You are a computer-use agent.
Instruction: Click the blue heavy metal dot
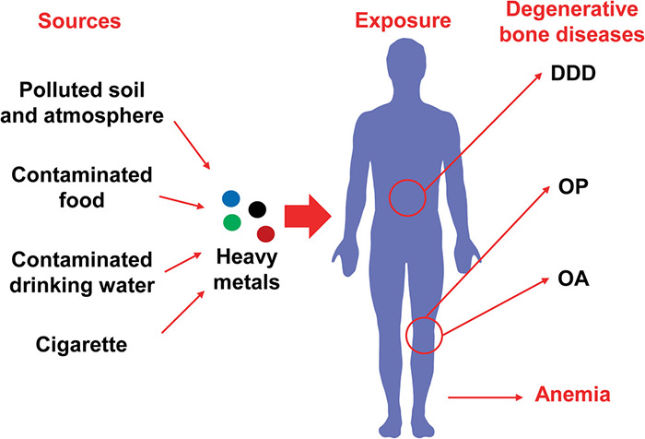(230, 198)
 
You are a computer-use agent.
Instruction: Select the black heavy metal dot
(257, 209)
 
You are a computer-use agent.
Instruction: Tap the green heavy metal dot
(232, 221)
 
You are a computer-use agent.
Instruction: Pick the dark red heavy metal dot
(265, 233)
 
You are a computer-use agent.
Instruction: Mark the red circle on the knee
(424, 333)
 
